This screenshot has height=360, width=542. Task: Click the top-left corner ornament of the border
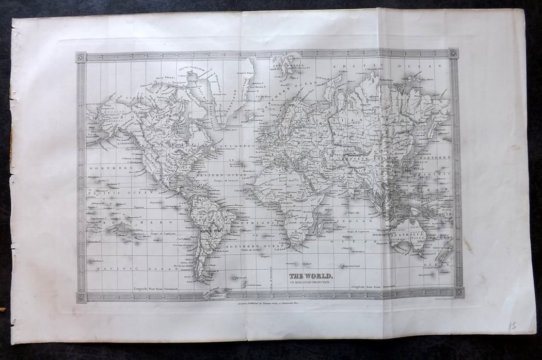point(81,57)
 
